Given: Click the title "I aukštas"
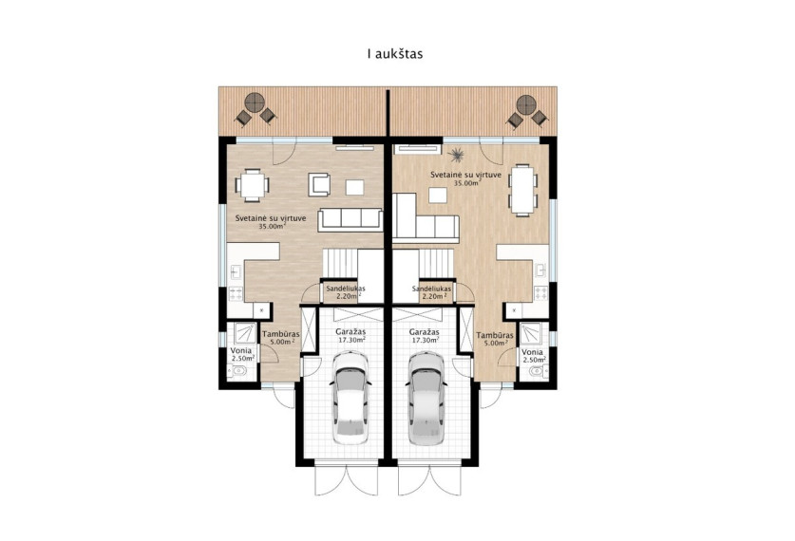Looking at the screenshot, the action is [395, 54].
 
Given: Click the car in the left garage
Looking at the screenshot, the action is [350, 399].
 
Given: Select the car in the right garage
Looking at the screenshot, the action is [426, 399].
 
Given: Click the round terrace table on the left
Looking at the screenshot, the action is [255, 103].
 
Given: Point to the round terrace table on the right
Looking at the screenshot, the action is [526, 104].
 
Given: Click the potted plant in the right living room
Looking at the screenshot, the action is [457, 154].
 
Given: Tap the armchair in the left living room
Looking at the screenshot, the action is [319, 185].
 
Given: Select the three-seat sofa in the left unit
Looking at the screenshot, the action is [350, 219].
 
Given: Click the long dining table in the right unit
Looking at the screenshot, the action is [523, 190].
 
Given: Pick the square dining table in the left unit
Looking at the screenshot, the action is [252, 185].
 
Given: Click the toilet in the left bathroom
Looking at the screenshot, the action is [237, 372].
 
